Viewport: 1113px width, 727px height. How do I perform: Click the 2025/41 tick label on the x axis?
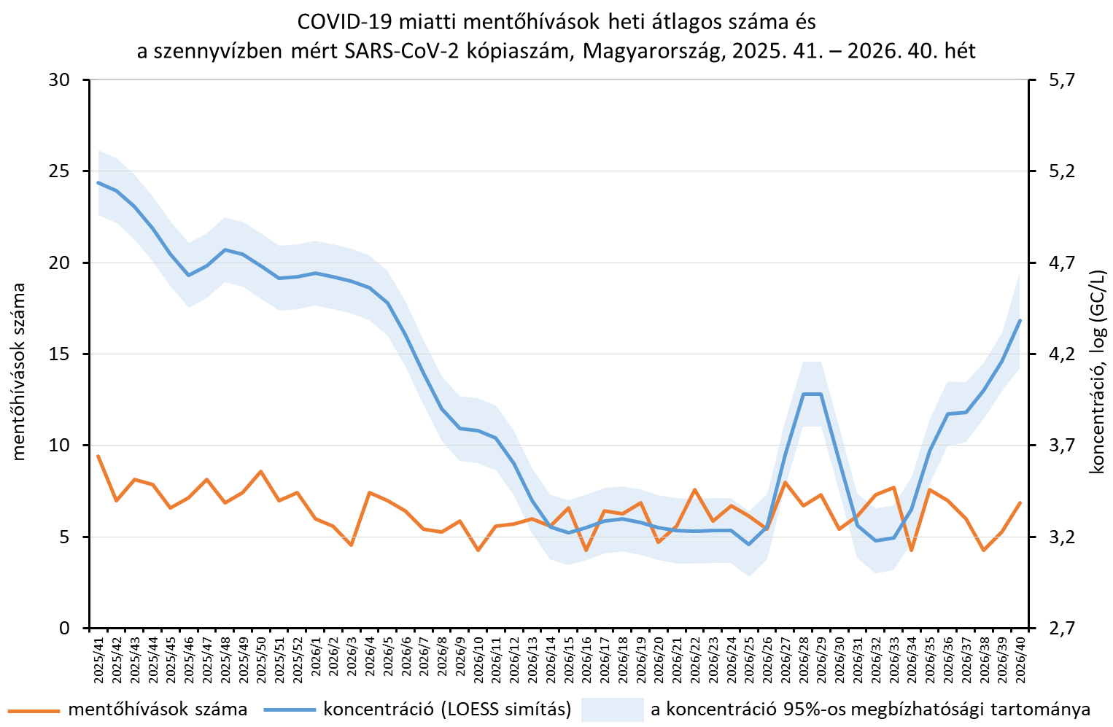point(99,656)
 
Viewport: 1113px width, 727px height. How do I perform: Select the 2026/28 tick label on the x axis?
point(804,656)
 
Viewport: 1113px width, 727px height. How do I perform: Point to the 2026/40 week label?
point(1021,656)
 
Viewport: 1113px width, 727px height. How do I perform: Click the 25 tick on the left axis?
point(58,171)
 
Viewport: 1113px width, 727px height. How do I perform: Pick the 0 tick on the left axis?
point(64,628)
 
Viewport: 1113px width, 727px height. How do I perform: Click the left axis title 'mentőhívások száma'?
point(18,372)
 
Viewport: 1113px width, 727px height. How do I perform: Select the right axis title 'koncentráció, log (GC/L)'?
point(1096,372)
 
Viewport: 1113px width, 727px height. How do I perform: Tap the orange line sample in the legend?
point(33,710)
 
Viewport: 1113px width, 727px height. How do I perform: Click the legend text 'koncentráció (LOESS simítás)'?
point(447,709)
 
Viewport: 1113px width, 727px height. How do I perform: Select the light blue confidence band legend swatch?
point(612,709)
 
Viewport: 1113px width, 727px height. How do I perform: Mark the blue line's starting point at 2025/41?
point(98,182)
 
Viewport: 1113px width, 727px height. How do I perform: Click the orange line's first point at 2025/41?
point(98,456)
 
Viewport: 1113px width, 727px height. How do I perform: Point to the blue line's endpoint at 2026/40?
point(1020,320)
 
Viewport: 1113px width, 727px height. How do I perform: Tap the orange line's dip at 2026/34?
point(911,551)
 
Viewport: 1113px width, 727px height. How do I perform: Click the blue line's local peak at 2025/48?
point(225,249)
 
